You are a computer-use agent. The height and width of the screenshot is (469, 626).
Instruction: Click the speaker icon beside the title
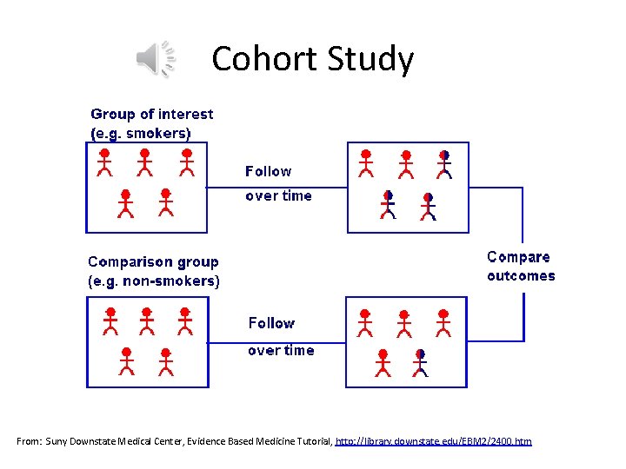156,59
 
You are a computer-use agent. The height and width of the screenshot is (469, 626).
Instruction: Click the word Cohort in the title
265,59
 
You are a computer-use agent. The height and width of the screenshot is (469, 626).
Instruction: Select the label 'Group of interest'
152,114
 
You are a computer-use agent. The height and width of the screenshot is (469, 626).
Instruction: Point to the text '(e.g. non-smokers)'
154,281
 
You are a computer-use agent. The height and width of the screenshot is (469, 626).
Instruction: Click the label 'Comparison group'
153,261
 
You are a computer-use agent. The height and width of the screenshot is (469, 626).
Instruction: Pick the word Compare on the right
519,257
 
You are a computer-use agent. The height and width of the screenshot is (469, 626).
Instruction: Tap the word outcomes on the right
521,275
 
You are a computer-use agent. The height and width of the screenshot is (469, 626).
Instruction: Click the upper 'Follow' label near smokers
269,171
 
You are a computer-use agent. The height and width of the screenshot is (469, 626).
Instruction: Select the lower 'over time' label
281,350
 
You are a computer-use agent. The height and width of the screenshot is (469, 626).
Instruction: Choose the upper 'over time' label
278,195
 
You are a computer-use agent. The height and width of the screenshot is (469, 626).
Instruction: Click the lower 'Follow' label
271,323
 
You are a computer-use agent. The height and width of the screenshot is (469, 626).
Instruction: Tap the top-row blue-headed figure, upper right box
444,162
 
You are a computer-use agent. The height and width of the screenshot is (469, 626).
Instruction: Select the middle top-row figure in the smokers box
145,162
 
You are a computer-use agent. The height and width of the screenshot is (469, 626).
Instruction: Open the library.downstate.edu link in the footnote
433,442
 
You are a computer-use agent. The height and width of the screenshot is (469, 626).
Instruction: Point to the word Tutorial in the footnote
310,442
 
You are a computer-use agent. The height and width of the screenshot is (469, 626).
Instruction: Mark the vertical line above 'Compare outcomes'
523,215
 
